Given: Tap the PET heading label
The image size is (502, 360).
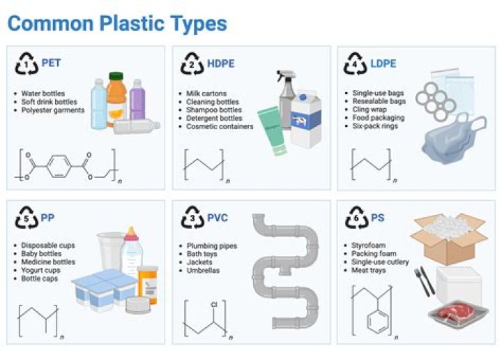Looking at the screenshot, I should (51, 63).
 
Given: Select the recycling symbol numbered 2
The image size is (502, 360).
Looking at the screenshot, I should (190, 63).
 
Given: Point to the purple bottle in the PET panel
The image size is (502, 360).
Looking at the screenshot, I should (137, 98).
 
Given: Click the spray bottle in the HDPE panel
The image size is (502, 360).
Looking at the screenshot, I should (287, 98).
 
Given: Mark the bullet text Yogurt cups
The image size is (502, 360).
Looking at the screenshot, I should (40, 271).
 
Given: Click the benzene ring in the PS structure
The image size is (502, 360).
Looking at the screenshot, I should (377, 323).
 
